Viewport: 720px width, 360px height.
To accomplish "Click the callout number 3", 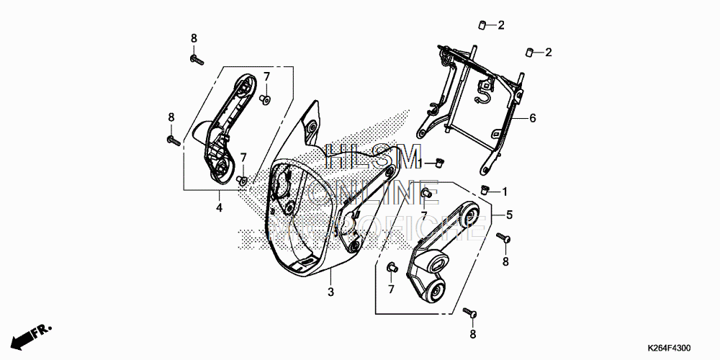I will pyautogui.click(x=330, y=292).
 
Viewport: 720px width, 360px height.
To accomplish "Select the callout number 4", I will pyautogui.click(x=219, y=208).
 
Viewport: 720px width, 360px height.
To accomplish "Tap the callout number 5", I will pyautogui.click(x=509, y=215).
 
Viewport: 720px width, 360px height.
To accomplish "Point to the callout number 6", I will pyautogui.click(x=533, y=118).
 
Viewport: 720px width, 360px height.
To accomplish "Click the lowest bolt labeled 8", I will pyautogui.click(x=471, y=312).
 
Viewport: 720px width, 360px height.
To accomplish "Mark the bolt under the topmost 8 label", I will pyautogui.click(x=197, y=58).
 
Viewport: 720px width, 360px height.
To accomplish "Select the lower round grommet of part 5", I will pyautogui.click(x=436, y=292).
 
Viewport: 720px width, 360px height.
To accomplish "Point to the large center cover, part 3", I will pyautogui.click(x=317, y=216).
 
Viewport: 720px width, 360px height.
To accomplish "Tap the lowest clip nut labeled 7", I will pyautogui.click(x=392, y=267).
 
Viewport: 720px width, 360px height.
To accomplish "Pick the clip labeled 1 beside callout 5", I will pyautogui.click(x=485, y=189).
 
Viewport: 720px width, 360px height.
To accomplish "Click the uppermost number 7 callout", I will pyautogui.click(x=266, y=76).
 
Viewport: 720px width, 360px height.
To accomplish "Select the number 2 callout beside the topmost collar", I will pyautogui.click(x=500, y=26).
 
